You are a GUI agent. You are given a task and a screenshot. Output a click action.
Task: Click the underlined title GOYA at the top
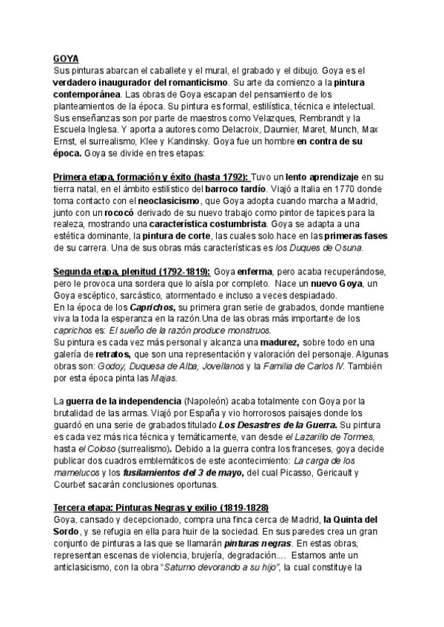pyautogui.click(x=66, y=58)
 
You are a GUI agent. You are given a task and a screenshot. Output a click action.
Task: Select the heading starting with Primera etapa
pyautogui.click(x=151, y=177)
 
